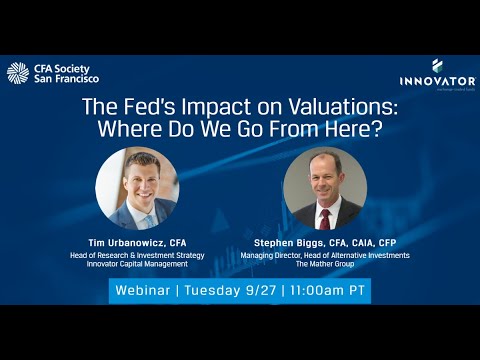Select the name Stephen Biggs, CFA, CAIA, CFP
tap(326, 244)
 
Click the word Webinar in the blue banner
tap(142, 291)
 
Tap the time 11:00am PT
tap(327, 291)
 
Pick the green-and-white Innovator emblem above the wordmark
tap(437, 65)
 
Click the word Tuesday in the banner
tap(212, 291)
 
